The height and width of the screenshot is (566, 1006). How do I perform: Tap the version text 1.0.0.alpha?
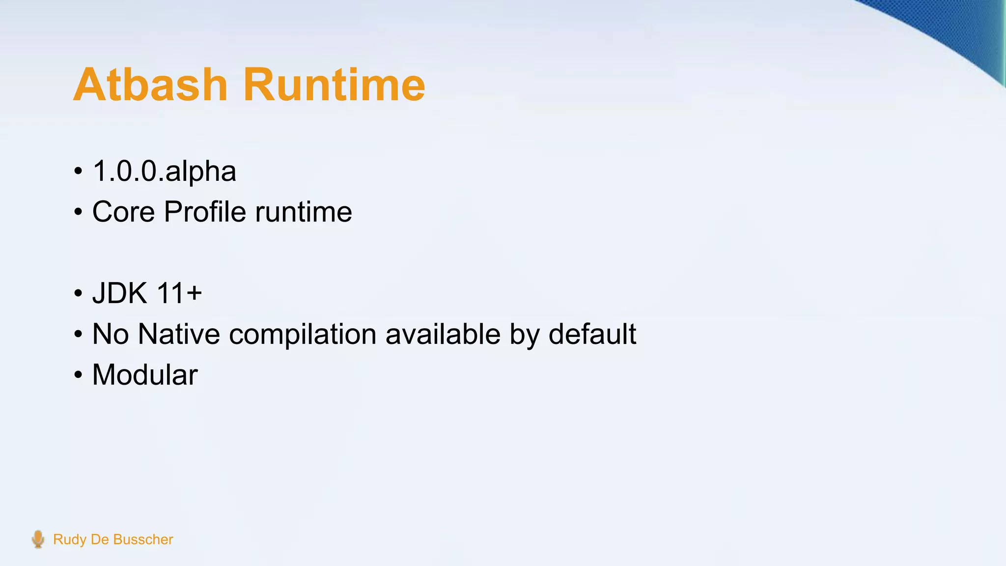[164, 171]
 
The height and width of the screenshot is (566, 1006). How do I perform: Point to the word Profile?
[205, 212]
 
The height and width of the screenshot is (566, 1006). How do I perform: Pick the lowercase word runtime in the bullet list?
[303, 212]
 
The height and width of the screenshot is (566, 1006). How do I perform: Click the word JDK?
[119, 293]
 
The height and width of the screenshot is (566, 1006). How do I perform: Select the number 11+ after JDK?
[179, 293]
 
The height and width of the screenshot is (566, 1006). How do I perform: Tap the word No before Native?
[110, 335]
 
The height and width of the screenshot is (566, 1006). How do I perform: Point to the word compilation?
[303, 335]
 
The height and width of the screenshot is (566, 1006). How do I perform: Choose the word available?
[443, 335]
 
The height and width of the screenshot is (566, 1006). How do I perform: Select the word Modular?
[145, 375]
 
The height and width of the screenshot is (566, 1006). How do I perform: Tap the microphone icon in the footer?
[38, 539]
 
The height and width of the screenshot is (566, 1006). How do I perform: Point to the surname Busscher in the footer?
[143, 539]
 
